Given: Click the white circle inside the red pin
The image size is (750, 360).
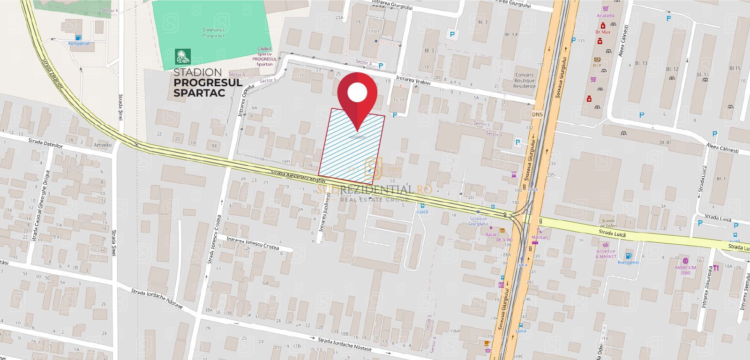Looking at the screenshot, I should pos(357,92).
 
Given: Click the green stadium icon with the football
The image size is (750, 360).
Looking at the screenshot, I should pos(182,57).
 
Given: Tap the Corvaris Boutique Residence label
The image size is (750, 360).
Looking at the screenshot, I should pos(524,80).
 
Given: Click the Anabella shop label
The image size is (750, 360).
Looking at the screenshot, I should pos(605,15).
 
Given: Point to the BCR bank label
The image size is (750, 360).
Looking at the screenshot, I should pos(597,65).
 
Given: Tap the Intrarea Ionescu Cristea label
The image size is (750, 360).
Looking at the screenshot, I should pos(253,243).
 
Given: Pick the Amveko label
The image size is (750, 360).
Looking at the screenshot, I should pos(103,145).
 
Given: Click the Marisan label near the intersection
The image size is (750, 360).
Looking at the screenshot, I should pos(540,237).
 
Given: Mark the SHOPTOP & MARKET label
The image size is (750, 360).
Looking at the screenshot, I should pos(606,254).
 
